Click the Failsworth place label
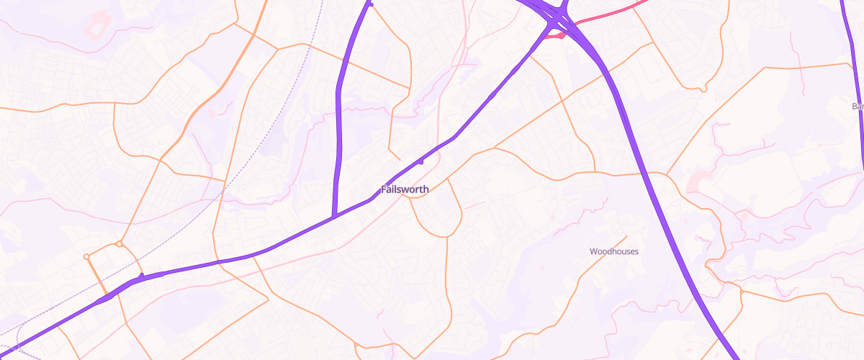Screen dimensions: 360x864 405,189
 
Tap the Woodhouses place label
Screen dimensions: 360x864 613,251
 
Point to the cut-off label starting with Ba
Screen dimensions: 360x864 857,107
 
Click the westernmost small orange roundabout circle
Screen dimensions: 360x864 86,256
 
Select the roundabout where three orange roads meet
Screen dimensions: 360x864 120,245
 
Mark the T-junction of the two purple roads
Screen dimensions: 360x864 335,215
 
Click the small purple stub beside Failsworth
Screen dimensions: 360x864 420,162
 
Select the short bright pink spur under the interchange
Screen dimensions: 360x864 553,36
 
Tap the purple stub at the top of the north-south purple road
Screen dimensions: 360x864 371,5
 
